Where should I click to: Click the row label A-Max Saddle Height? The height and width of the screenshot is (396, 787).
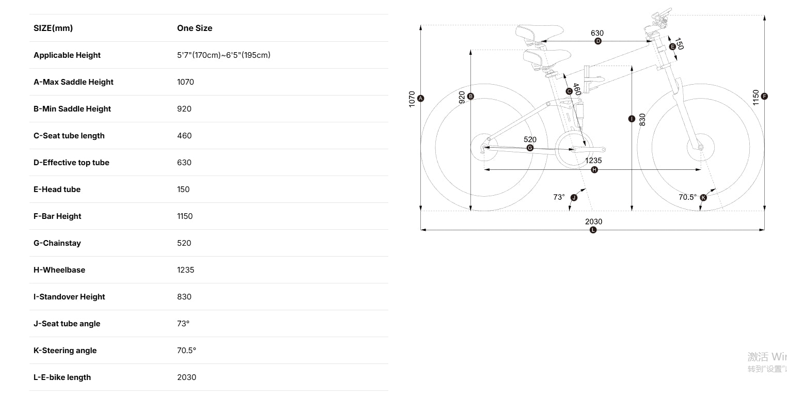click(73, 82)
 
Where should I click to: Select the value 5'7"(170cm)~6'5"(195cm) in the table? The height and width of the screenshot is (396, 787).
click(224, 55)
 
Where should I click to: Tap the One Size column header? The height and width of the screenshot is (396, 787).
click(195, 28)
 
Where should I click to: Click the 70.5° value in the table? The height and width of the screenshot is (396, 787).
click(186, 351)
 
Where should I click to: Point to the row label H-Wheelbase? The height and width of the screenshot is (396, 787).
click(59, 270)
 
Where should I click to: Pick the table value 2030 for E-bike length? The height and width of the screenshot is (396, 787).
click(186, 377)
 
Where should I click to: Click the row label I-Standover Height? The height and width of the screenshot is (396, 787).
click(69, 297)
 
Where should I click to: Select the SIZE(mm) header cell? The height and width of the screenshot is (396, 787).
click(53, 28)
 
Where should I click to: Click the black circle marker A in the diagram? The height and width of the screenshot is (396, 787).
click(420, 98)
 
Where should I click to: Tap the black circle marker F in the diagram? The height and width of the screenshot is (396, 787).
click(764, 96)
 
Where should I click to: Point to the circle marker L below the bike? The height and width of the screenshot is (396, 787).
click(593, 230)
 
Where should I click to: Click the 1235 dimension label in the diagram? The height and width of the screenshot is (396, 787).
click(593, 161)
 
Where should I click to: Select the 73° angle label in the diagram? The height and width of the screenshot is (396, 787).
click(559, 197)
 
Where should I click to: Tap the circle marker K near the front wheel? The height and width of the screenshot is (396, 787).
click(703, 198)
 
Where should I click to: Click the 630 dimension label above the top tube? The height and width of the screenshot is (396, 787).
click(597, 33)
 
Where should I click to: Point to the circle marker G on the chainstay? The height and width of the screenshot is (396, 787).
click(530, 148)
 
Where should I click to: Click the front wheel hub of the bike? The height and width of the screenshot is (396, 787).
click(700, 147)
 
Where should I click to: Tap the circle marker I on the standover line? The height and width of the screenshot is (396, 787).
click(632, 119)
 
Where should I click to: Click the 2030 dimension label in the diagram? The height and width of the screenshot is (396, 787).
click(593, 221)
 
